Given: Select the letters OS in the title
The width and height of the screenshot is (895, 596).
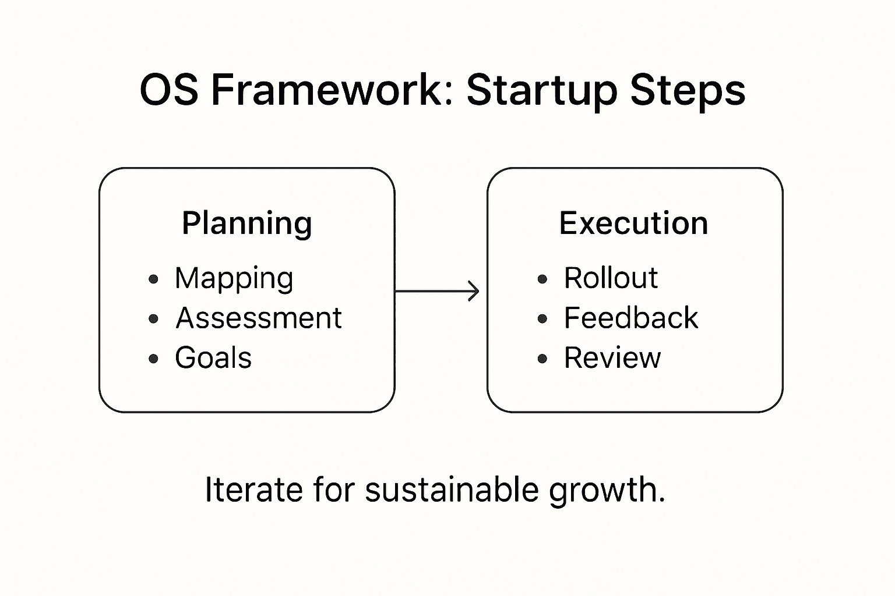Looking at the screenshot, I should click(x=169, y=90).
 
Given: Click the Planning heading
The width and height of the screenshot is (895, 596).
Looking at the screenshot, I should click(x=247, y=223).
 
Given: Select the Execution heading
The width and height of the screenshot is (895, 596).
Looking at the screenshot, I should click(x=633, y=223).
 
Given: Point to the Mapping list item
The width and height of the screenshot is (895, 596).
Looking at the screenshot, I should click(x=234, y=278).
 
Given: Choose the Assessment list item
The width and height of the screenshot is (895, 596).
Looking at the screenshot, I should click(x=259, y=318).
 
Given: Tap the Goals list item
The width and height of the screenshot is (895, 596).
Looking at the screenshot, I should click(x=213, y=358).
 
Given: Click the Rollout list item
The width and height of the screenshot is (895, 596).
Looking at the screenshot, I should click(x=611, y=278).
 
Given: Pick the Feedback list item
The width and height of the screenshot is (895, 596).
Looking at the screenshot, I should click(x=630, y=318).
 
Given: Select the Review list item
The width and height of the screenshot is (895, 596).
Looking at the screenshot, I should click(x=612, y=358).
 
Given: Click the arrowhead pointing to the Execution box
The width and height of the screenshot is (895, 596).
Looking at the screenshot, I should click(x=475, y=291).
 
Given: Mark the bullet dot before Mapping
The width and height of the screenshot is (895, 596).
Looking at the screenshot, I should click(x=153, y=279).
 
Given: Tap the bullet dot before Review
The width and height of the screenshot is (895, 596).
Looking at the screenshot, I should click(x=542, y=359).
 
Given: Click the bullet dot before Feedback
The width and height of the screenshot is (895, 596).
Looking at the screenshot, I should click(x=542, y=319).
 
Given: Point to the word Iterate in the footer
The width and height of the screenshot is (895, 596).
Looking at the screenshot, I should click(x=253, y=489).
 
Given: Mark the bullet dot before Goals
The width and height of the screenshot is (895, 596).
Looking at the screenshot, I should click(x=153, y=359).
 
